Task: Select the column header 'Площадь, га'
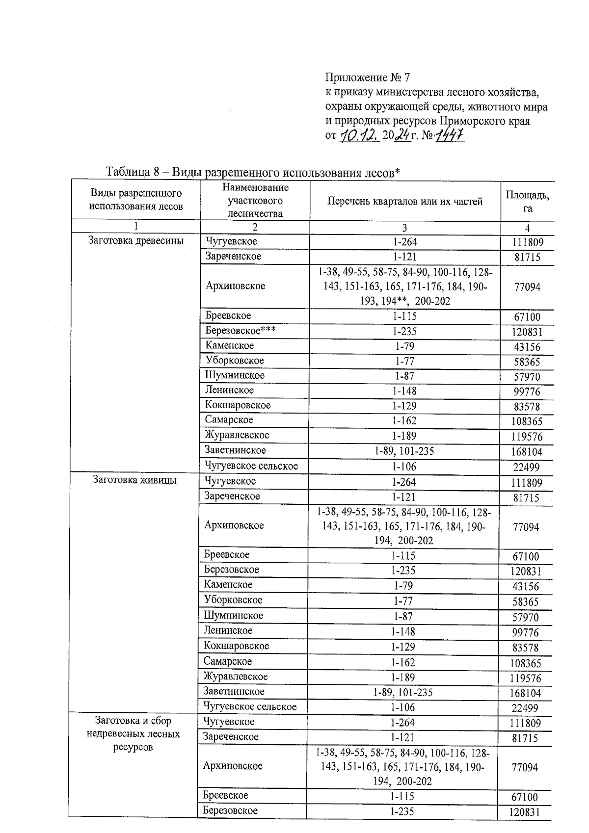click(527, 201)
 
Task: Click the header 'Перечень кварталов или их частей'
click(405, 201)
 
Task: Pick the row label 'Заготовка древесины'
click(136, 241)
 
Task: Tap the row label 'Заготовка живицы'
click(135, 480)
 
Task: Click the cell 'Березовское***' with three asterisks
click(241, 331)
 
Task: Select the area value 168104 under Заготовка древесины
click(527, 451)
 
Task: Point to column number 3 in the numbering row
click(404, 228)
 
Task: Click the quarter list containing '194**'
click(405, 286)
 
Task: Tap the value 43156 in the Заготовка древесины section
click(527, 347)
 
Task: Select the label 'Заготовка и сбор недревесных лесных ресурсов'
click(134, 734)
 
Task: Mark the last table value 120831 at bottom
click(525, 812)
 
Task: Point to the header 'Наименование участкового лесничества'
click(255, 200)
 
